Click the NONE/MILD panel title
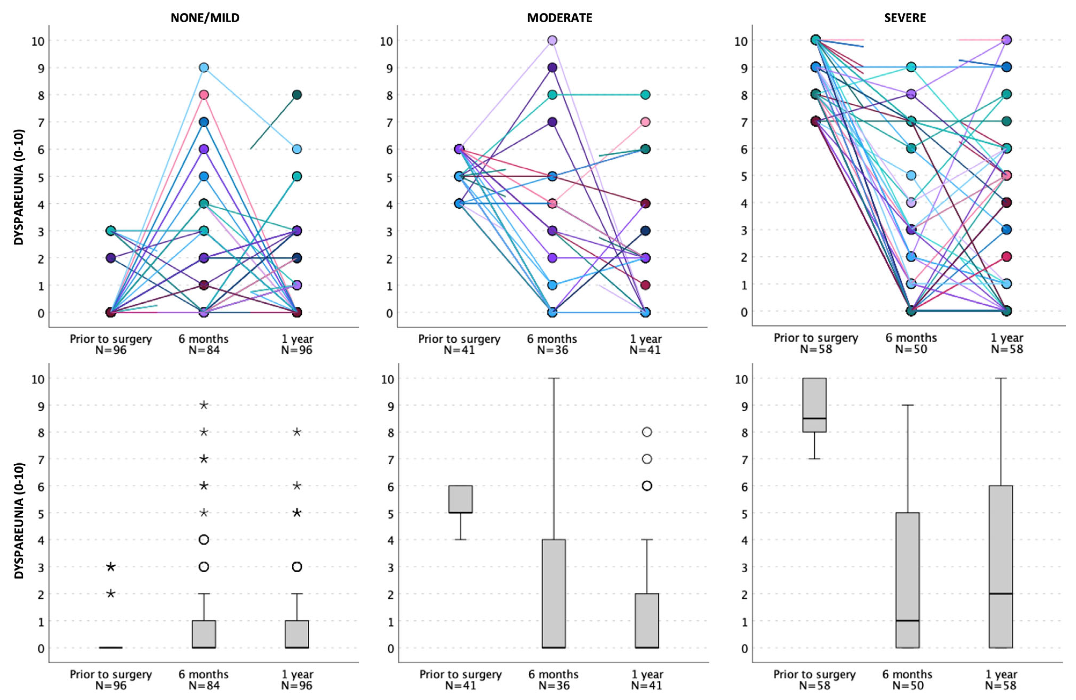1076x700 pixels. tap(205, 18)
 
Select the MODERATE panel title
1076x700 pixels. tap(559, 18)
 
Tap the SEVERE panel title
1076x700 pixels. tap(905, 18)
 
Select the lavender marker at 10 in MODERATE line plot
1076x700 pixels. tap(552, 40)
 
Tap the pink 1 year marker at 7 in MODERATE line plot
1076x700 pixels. tap(645, 122)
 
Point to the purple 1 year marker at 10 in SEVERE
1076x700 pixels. tap(1006, 40)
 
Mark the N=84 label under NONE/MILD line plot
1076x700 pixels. tap(204, 350)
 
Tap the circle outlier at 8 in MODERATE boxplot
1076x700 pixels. tap(647, 432)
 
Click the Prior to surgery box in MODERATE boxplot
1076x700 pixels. tap(461, 499)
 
